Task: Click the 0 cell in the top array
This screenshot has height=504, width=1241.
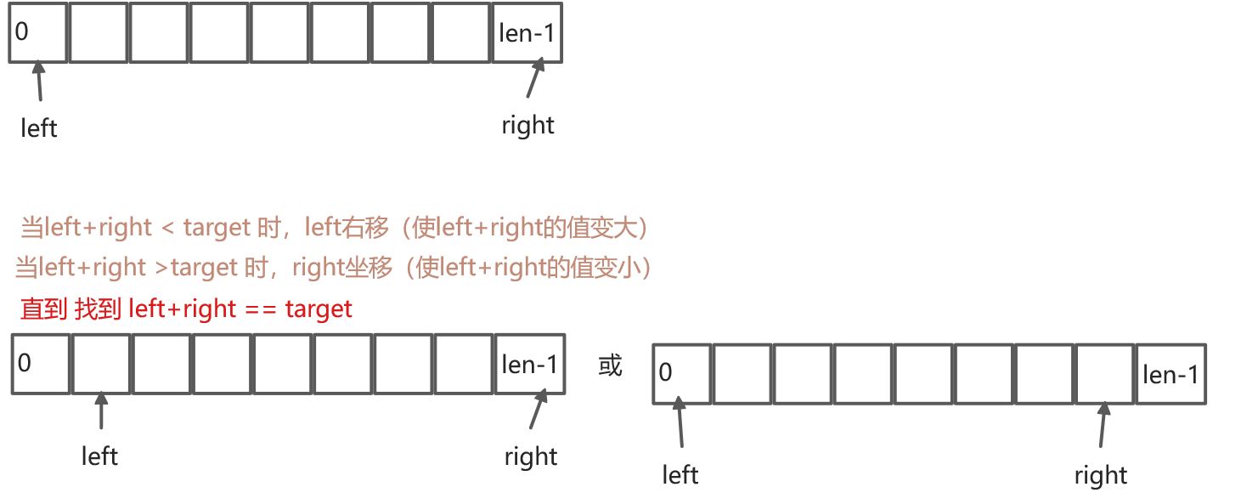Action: (x=38, y=33)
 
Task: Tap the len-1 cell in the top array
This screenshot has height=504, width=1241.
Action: (x=527, y=33)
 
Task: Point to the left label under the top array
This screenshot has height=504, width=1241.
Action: (x=39, y=128)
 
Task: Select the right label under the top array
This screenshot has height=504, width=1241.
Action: (x=527, y=126)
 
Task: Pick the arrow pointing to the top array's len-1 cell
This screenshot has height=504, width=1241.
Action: (x=534, y=77)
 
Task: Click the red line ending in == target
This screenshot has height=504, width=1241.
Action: (x=186, y=309)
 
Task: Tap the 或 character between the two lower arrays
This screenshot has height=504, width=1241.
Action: (x=610, y=365)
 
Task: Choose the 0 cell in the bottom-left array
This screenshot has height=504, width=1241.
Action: (x=40, y=364)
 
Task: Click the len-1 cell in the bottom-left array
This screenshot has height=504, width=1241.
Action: (x=530, y=364)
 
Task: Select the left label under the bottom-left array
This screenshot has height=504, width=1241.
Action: (x=99, y=456)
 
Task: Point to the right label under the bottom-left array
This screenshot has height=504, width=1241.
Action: (x=530, y=456)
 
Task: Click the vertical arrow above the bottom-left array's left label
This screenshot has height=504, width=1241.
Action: (x=101, y=411)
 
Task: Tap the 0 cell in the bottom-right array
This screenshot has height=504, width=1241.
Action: (x=681, y=373)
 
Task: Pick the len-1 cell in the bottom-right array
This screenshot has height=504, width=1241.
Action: (x=1170, y=373)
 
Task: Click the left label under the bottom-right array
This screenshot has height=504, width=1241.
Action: (x=680, y=474)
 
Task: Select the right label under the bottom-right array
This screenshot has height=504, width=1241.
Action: (x=1100, y=475)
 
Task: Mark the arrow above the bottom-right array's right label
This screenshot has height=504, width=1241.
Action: (x=1103, y=425)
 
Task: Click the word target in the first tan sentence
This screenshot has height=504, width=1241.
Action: (x=216, y=228)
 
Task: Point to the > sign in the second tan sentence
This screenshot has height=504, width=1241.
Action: (x=161, y=268)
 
